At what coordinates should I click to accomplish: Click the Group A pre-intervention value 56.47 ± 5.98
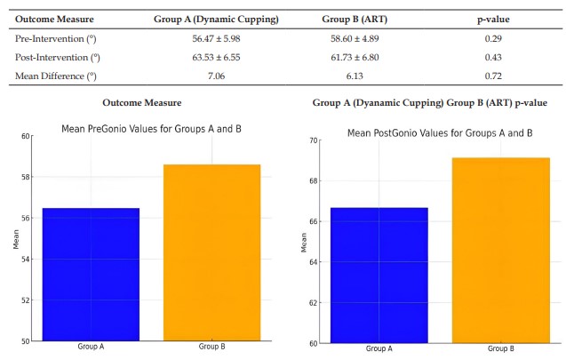point(229,41)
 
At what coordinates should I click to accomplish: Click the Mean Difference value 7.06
point(229,76)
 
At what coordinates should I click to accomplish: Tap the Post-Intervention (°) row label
point(58,58)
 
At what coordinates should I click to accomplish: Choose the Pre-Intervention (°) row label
point(55,41)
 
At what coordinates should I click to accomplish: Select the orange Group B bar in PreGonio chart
point(211,252)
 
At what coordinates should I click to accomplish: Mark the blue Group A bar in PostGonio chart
point(379,275)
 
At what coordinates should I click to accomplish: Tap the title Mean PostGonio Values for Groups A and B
point(439,133)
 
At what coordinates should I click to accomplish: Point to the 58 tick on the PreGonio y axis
point(28,177)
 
